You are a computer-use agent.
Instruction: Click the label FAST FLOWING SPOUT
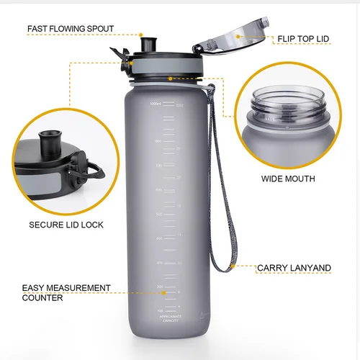coord(70,30)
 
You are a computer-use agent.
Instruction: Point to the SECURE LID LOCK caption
coord(66,225)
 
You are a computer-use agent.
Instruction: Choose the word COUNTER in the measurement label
coord(42,297)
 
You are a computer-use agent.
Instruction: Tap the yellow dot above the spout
coord(142,34)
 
